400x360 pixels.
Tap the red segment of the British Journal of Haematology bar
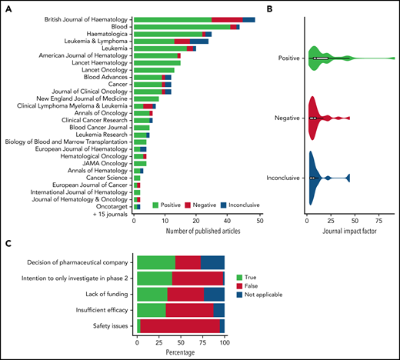tap(227, 18)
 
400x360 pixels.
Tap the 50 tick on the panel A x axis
tap(260, 222)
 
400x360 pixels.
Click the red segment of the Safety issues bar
tap(180, 327)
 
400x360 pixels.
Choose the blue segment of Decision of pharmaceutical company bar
tap(212, 262)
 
